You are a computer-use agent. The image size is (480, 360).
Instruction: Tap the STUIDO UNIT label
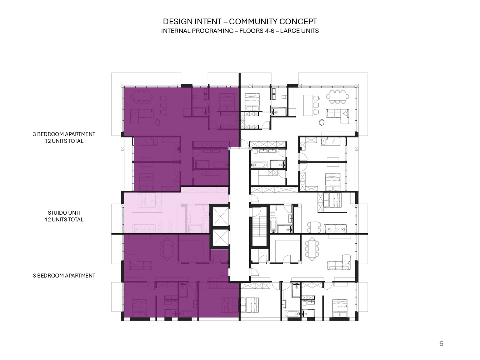(x=64, y=212)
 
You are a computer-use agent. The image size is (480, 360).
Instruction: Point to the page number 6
(x=441, y=344)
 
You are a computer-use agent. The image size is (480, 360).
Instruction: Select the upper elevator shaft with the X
(x=220, y=216)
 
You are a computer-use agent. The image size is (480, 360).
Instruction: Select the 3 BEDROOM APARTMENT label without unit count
(x=64, y=275)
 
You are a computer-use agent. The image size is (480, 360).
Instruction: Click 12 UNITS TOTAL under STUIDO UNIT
(x=64, y=219)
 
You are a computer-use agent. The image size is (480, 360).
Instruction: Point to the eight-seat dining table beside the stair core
(x=311, y=249)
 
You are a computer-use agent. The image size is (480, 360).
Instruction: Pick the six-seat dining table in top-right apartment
(x=337, y=96)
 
